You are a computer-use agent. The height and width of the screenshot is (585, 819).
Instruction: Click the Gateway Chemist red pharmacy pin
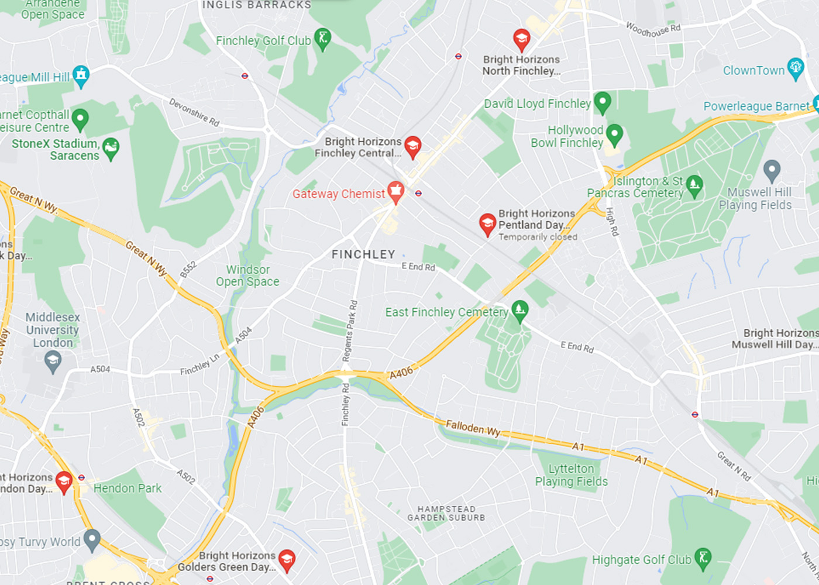pyautogui.click(x=396, y=192)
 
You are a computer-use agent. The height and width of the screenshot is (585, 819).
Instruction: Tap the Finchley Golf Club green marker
pyautogui.click(x=322, y=39)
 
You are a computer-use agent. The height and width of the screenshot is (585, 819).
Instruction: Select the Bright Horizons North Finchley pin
pyautogui.click(x=521, y=40)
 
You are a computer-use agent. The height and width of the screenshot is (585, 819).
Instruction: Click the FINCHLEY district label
pyautogui.click(x=363, y=254)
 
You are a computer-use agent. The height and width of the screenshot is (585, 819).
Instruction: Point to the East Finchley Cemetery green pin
pyautogui.click(x=519, y=311)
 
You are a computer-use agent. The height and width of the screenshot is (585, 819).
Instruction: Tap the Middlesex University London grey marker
pyautogui.click(x=53, y=362)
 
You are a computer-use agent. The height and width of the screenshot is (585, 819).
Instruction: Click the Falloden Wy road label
pyautogui.click(x=473, y=428)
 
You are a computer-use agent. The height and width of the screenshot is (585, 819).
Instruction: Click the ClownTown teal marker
pyautogui.click(x=795, y=68)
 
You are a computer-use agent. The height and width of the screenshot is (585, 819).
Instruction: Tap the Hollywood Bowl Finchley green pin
pyautogui.click(x=614, y=135)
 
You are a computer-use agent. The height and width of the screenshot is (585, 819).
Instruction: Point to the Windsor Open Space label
pyautogui.click(x=247, y=276)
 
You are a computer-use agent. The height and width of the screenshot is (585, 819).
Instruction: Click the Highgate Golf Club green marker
pyautogui.click(x=703, y=558)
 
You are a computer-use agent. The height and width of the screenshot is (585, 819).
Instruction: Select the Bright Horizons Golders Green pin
pyautogui.click(x=286, y=560)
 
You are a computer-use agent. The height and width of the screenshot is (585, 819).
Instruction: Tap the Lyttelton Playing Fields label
pyautogui.click(x=571, y=475)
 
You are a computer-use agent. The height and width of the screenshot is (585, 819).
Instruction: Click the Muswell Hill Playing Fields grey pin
pyautogui.click(x=772, y=170)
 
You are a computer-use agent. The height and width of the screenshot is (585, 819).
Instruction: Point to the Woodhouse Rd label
pyautogui.click(x=653, y=29)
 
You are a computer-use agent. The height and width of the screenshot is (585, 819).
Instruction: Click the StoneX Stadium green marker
pyautogui.click(x=111, y=149)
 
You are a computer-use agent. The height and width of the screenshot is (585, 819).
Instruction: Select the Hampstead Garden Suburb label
pyautogui.click(x=446, y=513)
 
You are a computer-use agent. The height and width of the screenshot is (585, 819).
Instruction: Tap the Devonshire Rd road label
pyautogui.click(x=194, y=112)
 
